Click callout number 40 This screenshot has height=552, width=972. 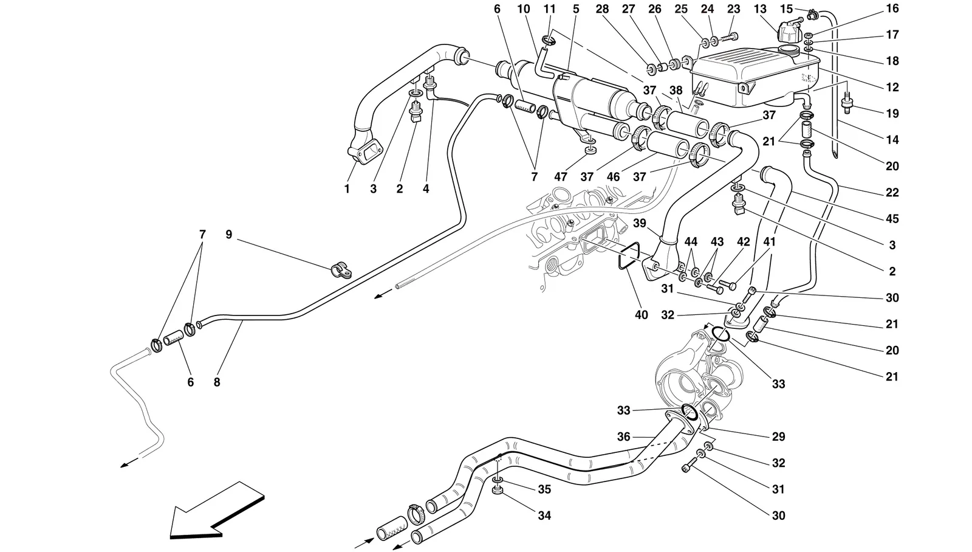641,315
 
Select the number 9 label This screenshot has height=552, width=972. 228,235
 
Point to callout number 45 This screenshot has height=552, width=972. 892,218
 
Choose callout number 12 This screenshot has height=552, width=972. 892,88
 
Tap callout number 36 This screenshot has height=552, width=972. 623,436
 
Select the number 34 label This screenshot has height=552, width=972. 544,516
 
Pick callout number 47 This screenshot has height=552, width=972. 561,177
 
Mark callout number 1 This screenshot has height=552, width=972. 347,189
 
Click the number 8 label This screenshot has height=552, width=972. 216,382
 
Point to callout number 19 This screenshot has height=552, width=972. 892,114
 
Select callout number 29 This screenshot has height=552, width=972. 778,436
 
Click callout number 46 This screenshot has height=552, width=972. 613,177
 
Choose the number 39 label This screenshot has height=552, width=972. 640,223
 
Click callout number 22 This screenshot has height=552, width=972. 892,192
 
